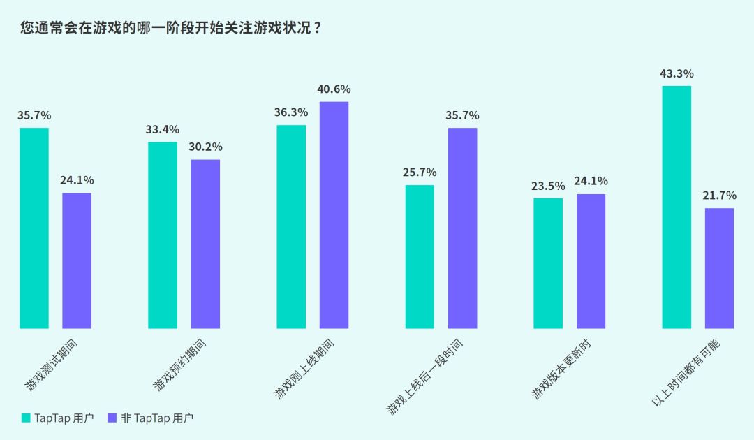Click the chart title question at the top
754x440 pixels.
pos(171,29)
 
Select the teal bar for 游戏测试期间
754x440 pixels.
pos(34,228)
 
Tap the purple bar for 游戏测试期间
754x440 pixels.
pos(77,261)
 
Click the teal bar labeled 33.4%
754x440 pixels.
pos(163,235)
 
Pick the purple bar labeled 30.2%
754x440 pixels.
pos(205,244)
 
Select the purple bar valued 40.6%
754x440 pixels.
pos(334,215)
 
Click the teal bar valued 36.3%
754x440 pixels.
pos(291,226)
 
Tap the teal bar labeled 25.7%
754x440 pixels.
pos(420,256)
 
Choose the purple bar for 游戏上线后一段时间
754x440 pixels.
pos(463,228)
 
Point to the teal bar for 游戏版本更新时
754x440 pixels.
pos(548,263)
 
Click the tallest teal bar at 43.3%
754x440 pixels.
pos(677,207)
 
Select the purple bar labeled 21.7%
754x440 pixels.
pos(719,268)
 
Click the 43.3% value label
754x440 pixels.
pos(677,73)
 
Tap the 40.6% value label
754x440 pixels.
pos(334,89)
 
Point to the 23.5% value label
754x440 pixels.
pos(548,186)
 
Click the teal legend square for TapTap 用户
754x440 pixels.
pos(26,418)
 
